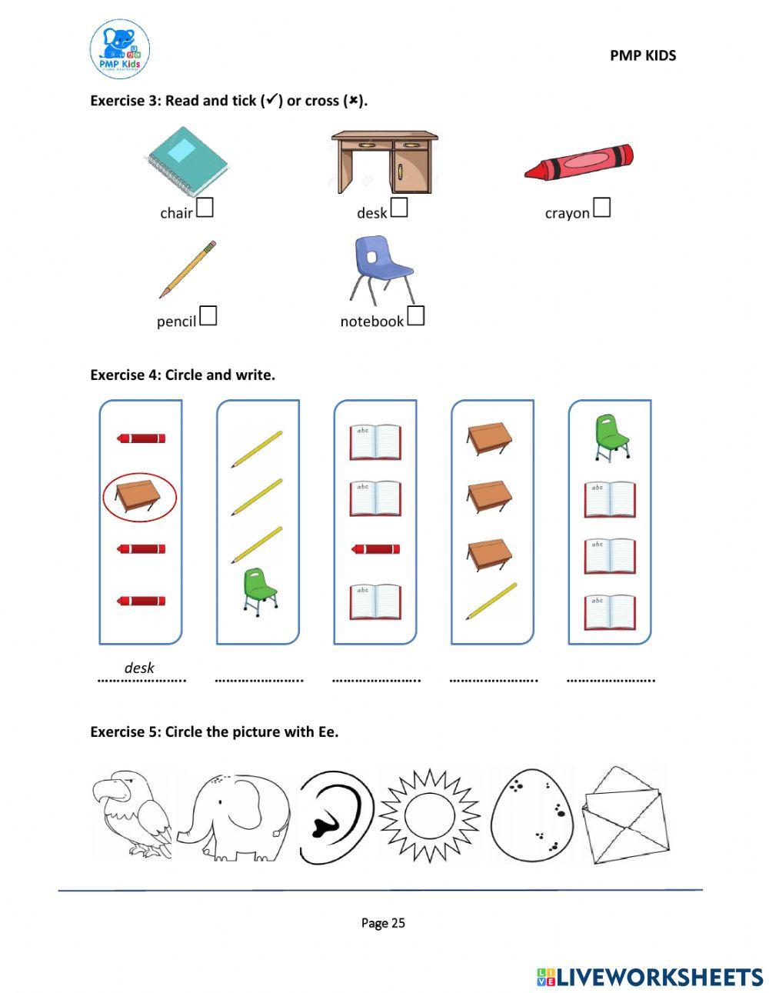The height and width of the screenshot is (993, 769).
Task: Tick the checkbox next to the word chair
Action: pyautogui.click(x=205, y=208)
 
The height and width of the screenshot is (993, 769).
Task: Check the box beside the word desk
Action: pyautogui.click(x=398, y=208)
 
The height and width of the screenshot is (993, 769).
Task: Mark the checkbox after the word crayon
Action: pyautogui.click(x=601, y=208)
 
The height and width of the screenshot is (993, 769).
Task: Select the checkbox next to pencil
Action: pyautogui.click(x=208, y=316)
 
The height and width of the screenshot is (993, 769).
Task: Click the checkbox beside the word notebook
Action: pyautogui.click(x=415, y=316)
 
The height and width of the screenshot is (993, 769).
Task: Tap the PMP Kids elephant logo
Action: pyautogui.click(x=120, y=49)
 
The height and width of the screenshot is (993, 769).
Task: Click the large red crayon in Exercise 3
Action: pyautogui.click(x=578, y=162)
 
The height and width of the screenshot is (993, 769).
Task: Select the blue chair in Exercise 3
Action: pyautogui.click(x=381, y=271)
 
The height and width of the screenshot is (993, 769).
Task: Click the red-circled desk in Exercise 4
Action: pyautogui.click(x=138, y=497)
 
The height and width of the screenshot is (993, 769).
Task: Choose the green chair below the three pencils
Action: pyautogui.click(x=259, y=592)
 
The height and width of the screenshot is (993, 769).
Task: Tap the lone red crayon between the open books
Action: pyautogui.click(x=375, y=549)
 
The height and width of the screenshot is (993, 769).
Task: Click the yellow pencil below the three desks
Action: pyautogui.click(x=491, y=601)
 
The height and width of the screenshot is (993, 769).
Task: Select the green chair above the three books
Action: pyautogui.click(x=612, y=438)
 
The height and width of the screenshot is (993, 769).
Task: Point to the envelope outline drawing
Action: pyautogui.click(x=626, y=816)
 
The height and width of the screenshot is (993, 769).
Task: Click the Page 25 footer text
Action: pyautogui.click(x=383, y=923)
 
